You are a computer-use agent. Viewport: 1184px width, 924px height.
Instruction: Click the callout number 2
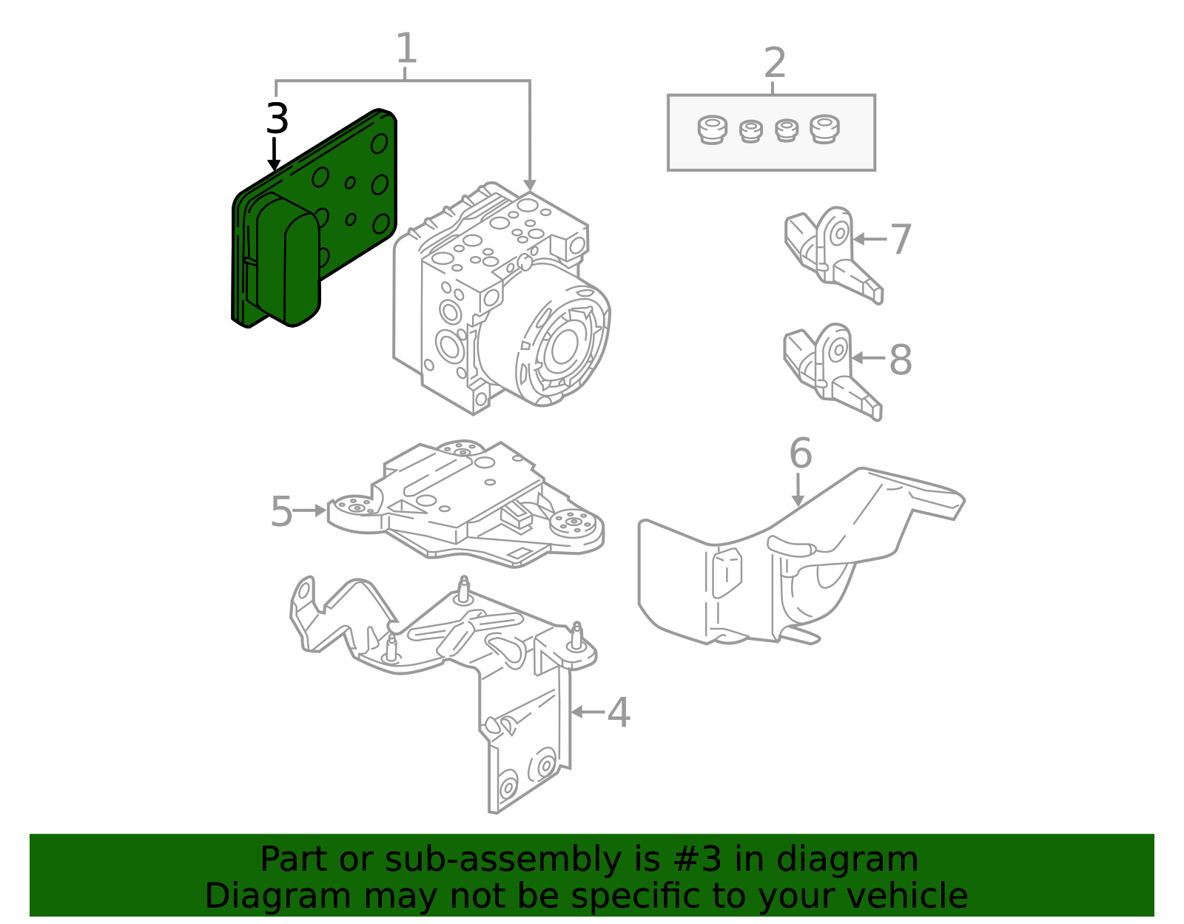coord(774,63)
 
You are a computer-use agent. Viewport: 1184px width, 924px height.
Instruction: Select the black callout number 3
coord(277,118)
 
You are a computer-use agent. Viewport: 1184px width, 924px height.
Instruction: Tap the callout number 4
coord(619,713)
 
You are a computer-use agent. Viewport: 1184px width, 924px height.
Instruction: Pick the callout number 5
coord(281,511)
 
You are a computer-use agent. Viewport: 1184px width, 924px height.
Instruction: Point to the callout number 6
coord(800,453)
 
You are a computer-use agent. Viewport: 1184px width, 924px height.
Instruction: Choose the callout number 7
coord(900,240)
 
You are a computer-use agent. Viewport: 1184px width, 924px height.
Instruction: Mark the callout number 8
coord(900,360)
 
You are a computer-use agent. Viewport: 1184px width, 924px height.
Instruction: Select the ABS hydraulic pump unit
coord(503,303)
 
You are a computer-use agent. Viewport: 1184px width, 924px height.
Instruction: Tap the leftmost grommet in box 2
coord(712,130)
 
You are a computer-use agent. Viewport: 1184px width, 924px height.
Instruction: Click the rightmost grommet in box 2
coord(824,129)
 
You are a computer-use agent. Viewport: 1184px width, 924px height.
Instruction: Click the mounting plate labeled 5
coord(466,503)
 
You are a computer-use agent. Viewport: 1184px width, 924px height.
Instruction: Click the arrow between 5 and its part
coord(310,510)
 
